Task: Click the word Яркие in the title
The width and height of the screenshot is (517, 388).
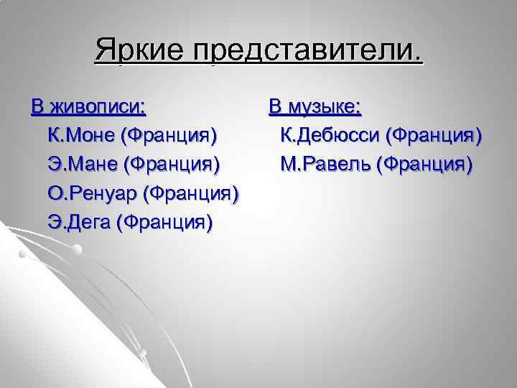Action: pos(138,52)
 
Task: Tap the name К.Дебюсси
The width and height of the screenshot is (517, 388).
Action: pos(330,136)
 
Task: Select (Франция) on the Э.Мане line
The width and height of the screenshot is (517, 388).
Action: pos(172,165)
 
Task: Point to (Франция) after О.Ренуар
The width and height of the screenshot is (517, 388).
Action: pos(192,193)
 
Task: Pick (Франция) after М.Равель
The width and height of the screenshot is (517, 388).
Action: pos(426,165)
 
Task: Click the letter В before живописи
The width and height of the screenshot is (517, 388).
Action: pos(37,108)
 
